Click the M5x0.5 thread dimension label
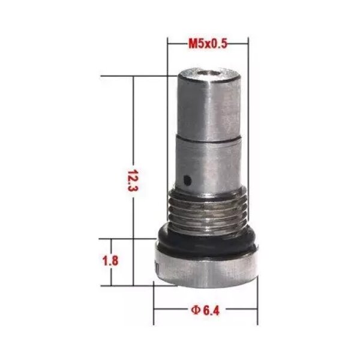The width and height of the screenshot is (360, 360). pyautogui.click(x=208, y=44)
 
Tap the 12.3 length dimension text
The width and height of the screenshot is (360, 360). pyautogui.click(x=133, y=181)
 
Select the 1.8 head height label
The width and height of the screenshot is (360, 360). pyautogui.click(x=110, y=261)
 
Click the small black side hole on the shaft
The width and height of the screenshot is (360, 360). pyautogui.click(x=188, y=181)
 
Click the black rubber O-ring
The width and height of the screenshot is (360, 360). pyautogui.click(x=206, y=241)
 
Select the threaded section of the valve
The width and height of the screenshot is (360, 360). pyautogui.click(x=207, y=211)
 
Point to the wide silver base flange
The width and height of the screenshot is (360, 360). pyautogui.click(x=206, y=269)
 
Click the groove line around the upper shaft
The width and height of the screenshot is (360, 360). pyautogui.click(x=208, y=138)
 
